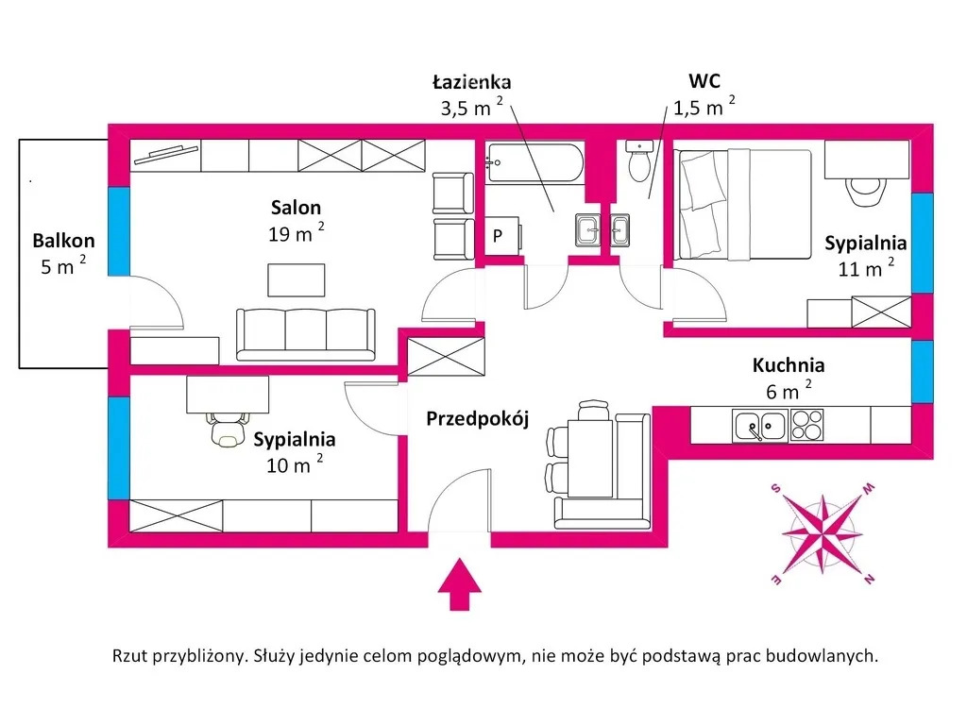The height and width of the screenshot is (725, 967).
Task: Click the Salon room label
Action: (x=296, y=207)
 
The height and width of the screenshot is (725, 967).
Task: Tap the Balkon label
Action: (x=63, y=241)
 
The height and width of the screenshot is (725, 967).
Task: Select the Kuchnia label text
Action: (x=789, y=365)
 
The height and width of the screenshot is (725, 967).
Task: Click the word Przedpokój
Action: (x=478, y=419)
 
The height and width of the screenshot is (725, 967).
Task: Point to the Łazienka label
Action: (x=472, y=81)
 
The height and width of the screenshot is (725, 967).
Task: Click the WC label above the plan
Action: (x=704, y=81)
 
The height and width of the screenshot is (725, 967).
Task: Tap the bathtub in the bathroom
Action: (x=534, y=162)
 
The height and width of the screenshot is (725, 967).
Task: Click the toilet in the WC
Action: (x=639, y=160)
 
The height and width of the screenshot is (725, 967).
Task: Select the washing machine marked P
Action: (x=501, y=235)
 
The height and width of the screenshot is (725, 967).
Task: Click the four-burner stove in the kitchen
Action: (x=806, y=426)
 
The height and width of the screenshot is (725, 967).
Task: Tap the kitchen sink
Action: (x=760, y=426)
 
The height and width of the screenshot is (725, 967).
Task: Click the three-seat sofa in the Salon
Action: (x=305, y=334)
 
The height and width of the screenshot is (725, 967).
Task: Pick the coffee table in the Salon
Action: (x=296, y=279)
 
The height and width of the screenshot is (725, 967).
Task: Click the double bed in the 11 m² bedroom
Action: (x=744, y=204)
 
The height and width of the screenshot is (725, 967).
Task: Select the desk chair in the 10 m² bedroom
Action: (x=227, y=429)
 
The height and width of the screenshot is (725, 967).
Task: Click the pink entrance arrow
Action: (x=460, y=583)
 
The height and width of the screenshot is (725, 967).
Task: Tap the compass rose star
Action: (x=823, y=532)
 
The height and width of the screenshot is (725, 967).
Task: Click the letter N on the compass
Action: (x=869, y=579)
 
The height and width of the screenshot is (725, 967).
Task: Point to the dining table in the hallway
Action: (x=590, y=458)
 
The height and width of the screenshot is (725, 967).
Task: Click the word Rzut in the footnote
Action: (x=129, y=655)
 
